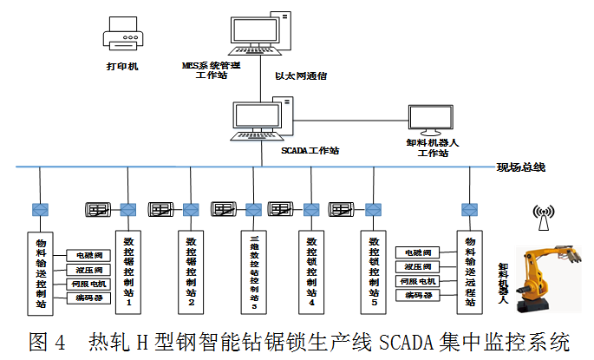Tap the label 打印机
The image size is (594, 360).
121,65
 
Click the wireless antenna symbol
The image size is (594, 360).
544,218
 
